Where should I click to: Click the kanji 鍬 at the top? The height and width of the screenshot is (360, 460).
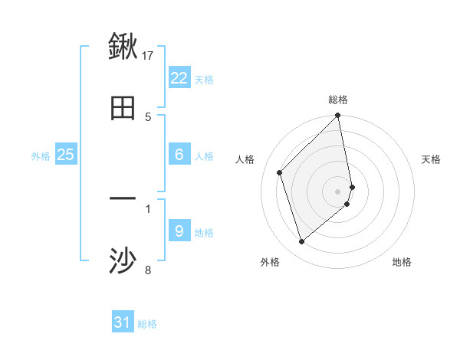click(123, 47)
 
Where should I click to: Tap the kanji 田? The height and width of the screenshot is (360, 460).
click(123, 108)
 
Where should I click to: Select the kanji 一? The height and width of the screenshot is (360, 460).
click(123, 200)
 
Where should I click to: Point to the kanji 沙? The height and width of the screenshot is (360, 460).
click(123, 261)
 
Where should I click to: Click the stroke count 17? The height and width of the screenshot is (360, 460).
click(149, 55)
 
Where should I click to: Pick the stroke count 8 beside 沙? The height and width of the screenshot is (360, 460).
click(148, 270)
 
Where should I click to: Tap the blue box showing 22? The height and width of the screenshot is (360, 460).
click(179, 78)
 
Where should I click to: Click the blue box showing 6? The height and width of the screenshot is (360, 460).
click(179, 155)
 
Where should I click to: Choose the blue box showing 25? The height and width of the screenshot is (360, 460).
click(66, 155)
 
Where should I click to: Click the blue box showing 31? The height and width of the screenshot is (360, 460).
click(123, 322)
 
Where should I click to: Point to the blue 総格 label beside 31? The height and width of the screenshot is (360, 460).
click(147, 324)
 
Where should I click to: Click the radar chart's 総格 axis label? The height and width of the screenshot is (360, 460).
click(338, 100)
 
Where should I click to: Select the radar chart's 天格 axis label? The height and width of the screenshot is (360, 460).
click(432, 159)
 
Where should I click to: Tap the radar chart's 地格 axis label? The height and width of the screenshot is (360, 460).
click(402, 262)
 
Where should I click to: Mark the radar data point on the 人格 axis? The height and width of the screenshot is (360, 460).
click(280, 172)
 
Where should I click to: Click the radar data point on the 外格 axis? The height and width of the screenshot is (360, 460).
click(301, 242)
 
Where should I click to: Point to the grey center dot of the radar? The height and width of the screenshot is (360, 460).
click(338, 191)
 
